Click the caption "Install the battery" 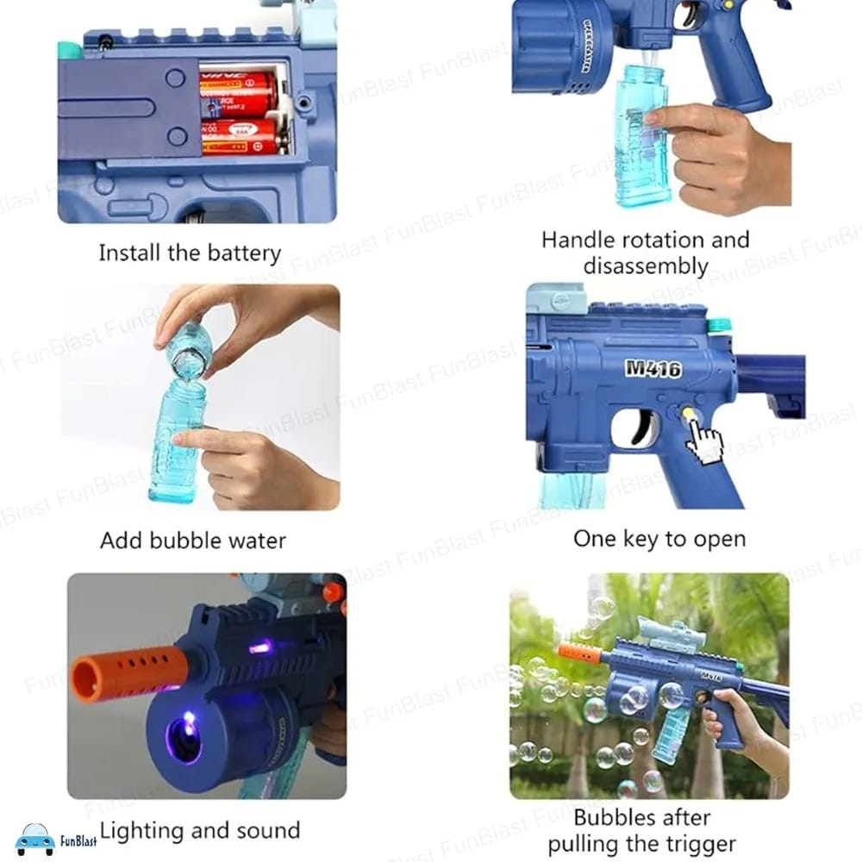(190, 253)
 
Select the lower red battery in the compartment (239, 137)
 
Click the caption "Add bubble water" (192, 540)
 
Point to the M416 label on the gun (653, 368)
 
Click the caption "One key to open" (659, 539)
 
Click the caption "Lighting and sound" (199, 830)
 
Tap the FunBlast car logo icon (35, 838)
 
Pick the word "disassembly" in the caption (645, 265)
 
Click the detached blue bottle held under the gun (641, 138)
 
